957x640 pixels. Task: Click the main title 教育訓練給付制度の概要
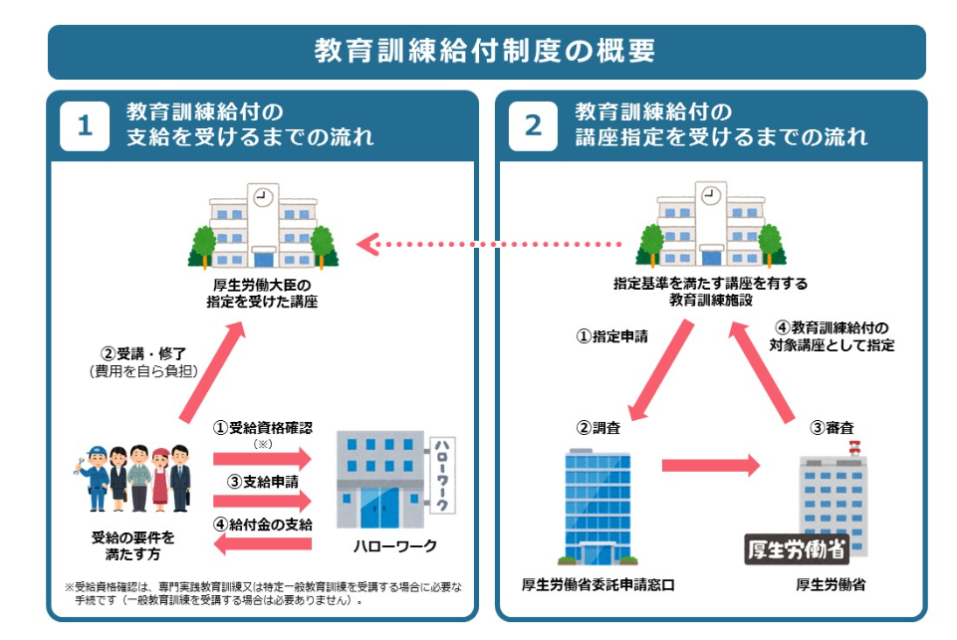[x=485, y=51]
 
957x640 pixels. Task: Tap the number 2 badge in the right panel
[x=534, y=126]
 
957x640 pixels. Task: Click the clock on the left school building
[x=263, y=196]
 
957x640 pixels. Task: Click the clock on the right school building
[x=710, y=196]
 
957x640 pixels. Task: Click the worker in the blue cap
[x=96, y=478]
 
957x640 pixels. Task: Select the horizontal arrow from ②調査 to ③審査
[x=710, y=463]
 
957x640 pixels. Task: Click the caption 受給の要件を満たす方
[x=133, y=544]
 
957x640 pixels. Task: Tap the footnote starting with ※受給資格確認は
[x=263, y=593]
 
